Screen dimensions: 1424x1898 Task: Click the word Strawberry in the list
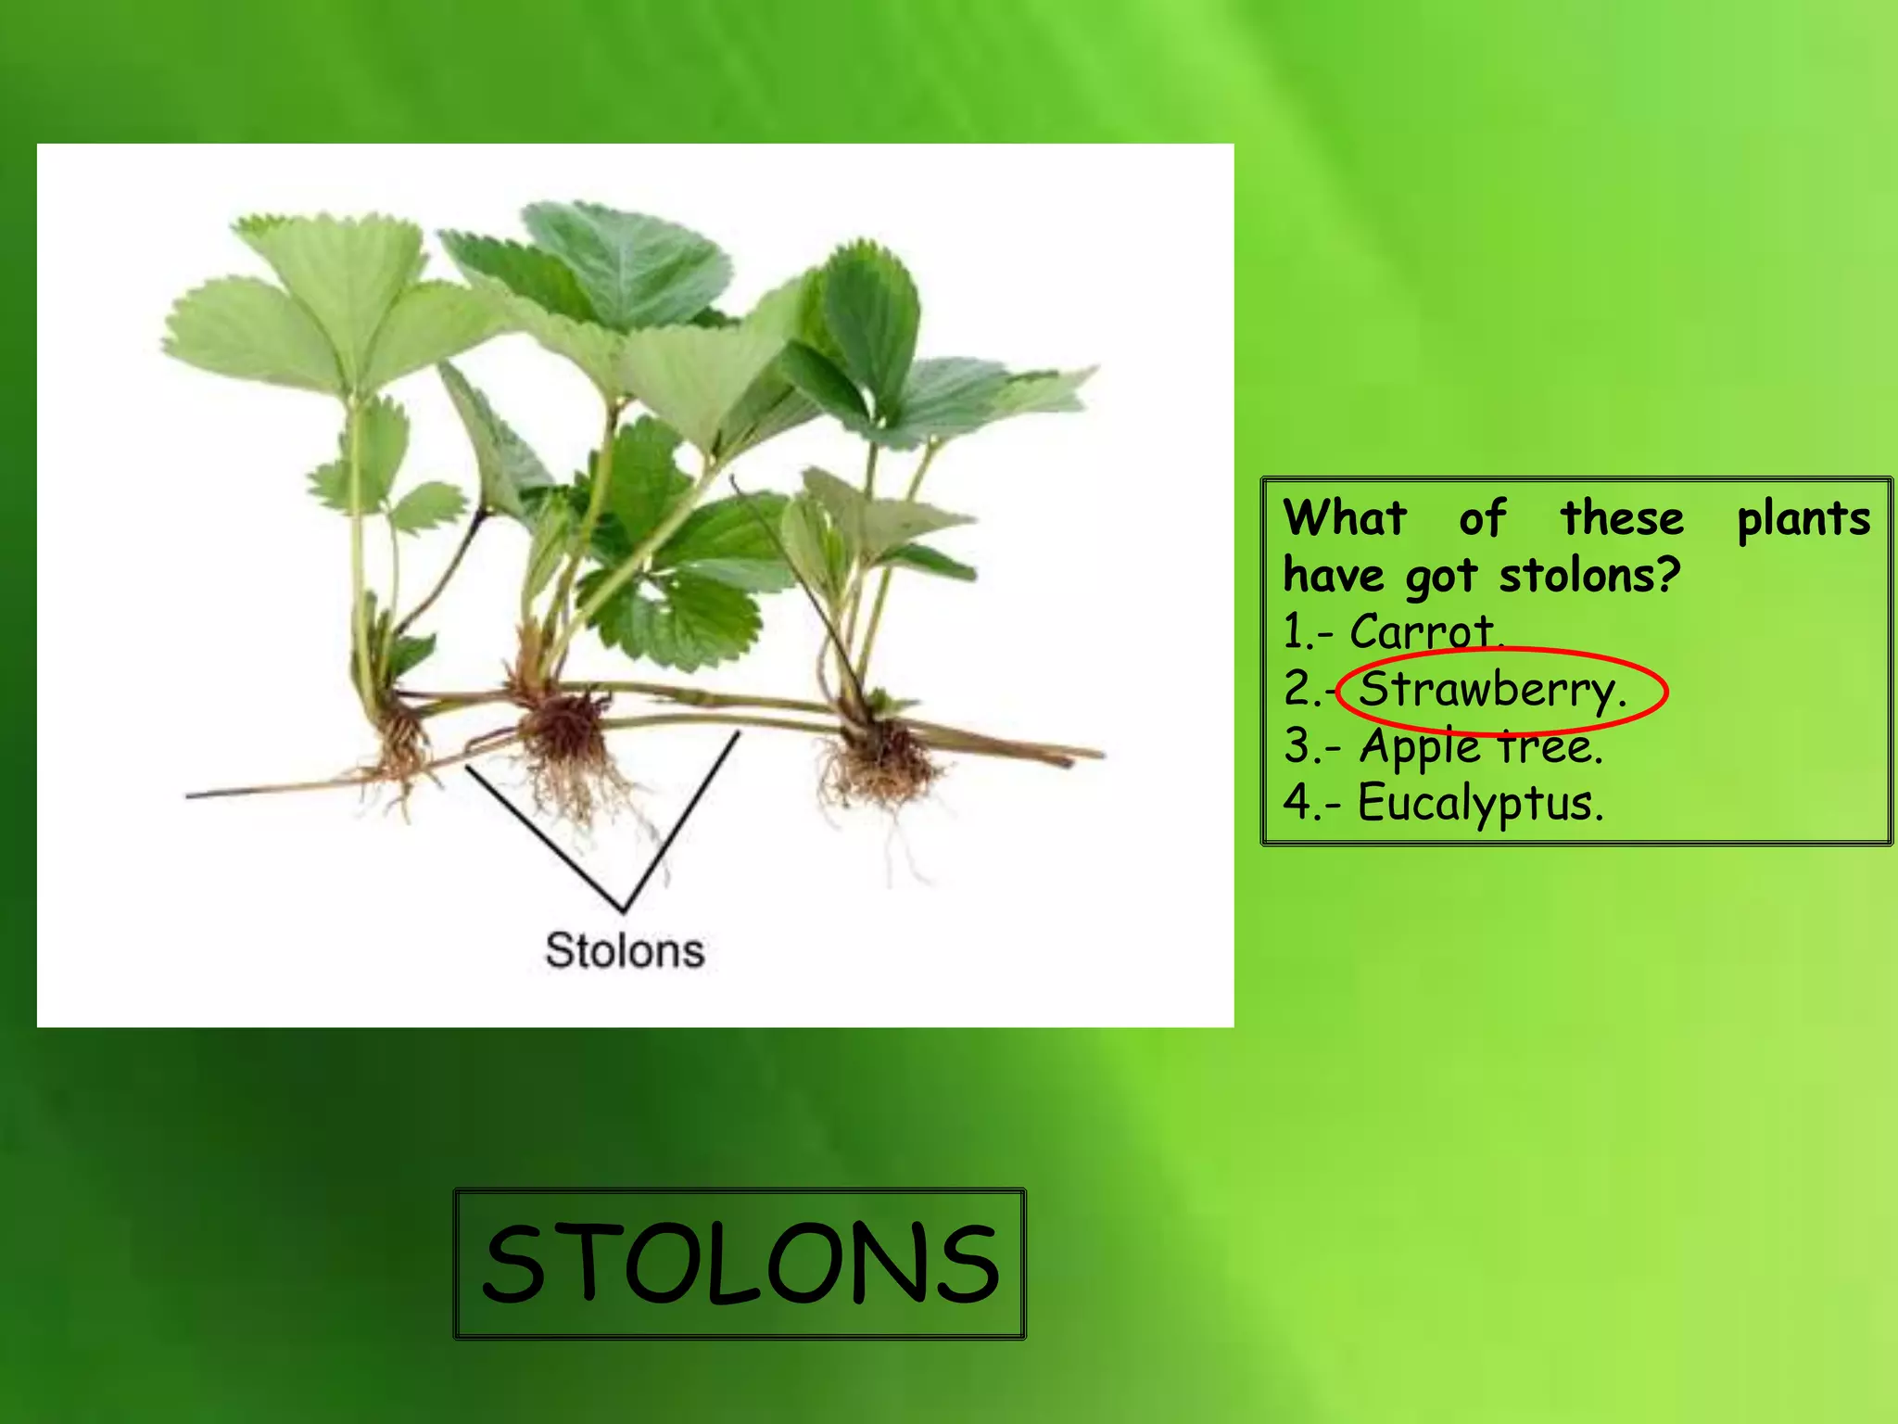(1490, 691)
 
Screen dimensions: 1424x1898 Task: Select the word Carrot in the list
(1423, 633)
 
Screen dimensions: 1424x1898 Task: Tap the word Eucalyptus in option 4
(1479, 803)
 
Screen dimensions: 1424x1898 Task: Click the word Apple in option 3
(1421, 747)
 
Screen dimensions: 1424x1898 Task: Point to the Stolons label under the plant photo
(625, 950)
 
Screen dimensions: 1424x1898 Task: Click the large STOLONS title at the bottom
(740, 1263)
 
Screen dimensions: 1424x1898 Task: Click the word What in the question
(1345, 517)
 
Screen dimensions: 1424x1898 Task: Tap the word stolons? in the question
(1588, 576)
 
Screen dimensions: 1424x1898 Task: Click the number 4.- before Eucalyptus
(1310, 803)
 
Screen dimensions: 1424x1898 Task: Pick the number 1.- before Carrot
(1308, 633)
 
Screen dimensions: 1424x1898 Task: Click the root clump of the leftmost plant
(399, 742)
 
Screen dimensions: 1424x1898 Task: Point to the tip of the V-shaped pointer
(624, 909)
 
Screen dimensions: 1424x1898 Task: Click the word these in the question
(1622, 517)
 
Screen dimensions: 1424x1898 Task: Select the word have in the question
(1333, 576)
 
